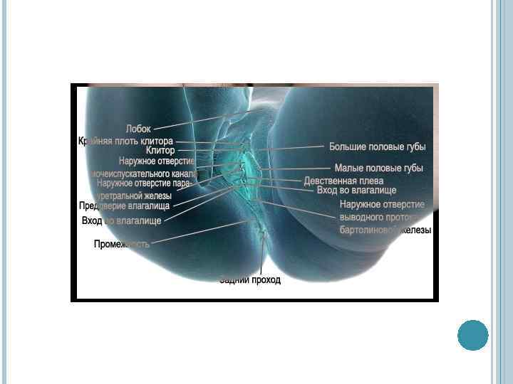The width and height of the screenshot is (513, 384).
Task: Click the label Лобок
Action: tap(138, 129)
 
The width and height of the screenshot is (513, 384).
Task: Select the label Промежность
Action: tap(121, 244)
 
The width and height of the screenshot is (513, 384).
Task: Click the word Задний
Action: tap(232, 280)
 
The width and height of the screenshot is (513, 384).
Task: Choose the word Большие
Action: tap(347, 147)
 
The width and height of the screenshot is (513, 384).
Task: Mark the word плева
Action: tap(373, 181)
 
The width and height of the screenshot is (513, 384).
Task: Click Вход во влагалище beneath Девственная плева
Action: tap(356, 191)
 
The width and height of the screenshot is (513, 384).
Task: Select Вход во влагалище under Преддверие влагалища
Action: tap(121, 221)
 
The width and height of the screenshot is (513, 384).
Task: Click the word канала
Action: tap(183, 173)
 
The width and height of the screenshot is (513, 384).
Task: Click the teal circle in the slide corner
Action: tap(472, 335)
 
